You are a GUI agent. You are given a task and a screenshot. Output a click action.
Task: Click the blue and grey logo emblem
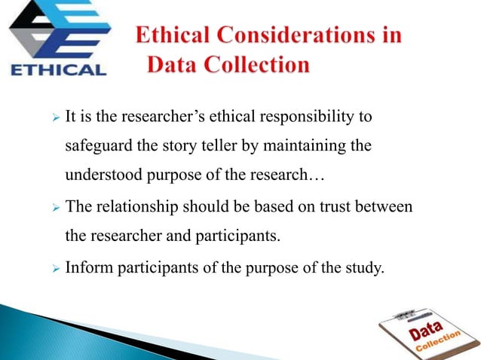click(57, 32)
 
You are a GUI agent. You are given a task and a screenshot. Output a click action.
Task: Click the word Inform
click(89, 264)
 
